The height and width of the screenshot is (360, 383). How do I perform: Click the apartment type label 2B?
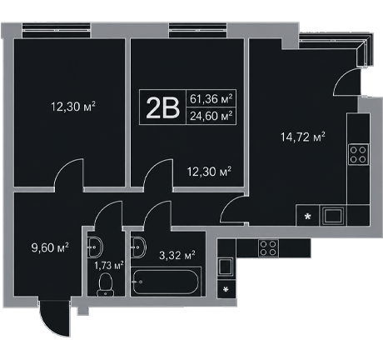pos(162,108)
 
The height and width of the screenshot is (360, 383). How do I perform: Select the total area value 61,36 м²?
pos(211,98)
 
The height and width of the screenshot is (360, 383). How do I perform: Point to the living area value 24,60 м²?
pos(211,116)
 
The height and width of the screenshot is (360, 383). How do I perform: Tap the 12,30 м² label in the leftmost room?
pos(73,107)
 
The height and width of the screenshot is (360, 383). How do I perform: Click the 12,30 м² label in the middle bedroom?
pos(209,172)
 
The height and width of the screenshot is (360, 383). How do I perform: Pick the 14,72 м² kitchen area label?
pos(303,137)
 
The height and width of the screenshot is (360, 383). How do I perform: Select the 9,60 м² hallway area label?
pos(50,247)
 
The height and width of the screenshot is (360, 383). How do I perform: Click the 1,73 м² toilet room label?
pos(108,266)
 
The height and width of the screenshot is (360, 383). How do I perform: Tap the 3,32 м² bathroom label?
pos(177,255)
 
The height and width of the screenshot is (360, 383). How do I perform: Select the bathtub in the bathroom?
pos(166,282)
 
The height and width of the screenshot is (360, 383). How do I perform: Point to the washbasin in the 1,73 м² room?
pos(95,247)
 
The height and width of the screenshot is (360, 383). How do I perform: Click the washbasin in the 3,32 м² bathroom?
pos(138,247)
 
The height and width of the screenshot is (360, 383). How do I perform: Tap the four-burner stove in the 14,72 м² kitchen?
pos(358,155)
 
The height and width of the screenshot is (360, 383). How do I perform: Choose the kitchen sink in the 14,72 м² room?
pos(333,216)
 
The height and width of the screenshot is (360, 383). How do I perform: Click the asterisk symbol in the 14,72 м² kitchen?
pos(307,217)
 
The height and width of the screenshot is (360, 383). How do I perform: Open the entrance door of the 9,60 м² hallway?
pos(55,317)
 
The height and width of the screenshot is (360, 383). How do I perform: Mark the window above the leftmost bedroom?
pos(57,30)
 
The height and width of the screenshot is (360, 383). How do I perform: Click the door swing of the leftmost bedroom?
pos(69,174)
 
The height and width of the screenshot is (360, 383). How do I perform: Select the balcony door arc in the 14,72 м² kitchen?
pos(347,82)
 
